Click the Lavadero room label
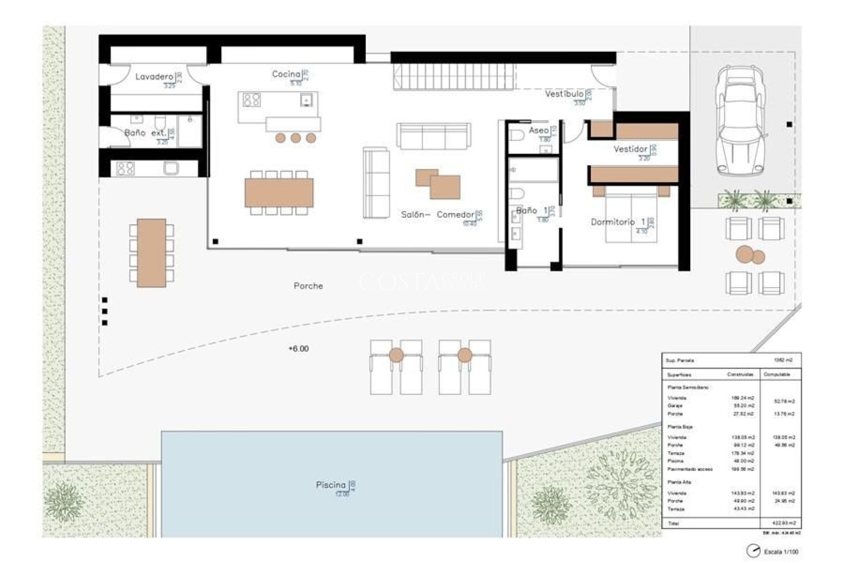point(154,77)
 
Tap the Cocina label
point(286,74)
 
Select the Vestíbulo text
point(564,94)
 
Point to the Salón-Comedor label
point(437,215)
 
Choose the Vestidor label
point(630,149)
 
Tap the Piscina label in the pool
point(331,485)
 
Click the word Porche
point(308,286)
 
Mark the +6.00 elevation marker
point(298,349)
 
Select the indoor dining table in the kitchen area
point(279,193)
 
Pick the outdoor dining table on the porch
point(151,253)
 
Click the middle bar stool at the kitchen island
point(295,138)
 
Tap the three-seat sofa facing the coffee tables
point(433,136)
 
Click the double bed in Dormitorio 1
point(631,216)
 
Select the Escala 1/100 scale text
point(781,552)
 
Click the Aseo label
point(538,130)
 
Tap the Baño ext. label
point(145,132)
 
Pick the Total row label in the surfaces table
point(673,523)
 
